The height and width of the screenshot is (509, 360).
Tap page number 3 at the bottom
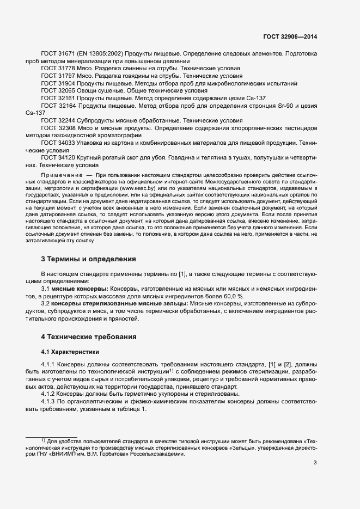315,463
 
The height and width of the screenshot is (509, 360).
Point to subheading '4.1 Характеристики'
70,352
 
